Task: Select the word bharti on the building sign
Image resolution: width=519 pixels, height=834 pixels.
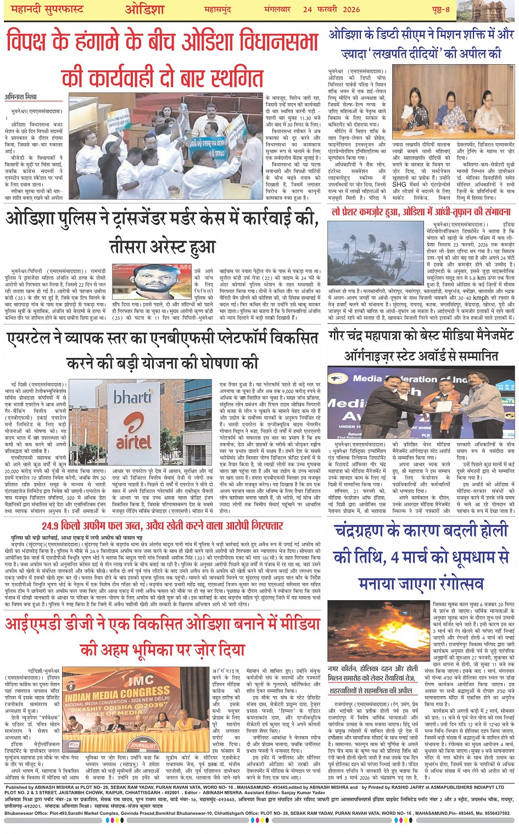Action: (x=132, y=396)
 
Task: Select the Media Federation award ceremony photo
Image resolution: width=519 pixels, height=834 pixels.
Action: (x=420, y=403)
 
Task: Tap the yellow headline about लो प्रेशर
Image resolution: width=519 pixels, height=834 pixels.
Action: (x=421, y=211)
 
